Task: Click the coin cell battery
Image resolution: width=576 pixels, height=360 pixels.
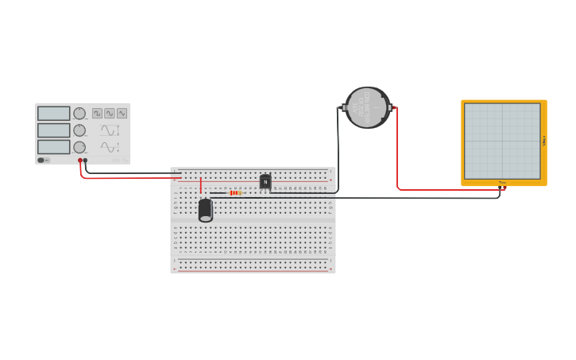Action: (x=367, y=107)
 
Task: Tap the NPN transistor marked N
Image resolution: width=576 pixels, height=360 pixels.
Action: (x=265, y=182)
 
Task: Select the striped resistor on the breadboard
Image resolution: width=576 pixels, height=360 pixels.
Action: (x=235, y=193)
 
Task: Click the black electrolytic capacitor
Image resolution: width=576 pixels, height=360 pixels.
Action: (x=205, y=210)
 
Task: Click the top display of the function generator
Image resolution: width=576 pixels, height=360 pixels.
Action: (x=54, y=114)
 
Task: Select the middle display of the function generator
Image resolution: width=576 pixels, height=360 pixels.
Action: (x=54, y=130)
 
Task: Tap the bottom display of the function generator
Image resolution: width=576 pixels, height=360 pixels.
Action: (x=54, y=147)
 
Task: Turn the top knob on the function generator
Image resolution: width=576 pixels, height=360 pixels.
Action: (x=79, y=114)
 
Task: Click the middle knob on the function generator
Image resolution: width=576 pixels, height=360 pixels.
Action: (x=79, y=130)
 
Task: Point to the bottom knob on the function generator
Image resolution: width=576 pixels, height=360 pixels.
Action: (x=79, y=147)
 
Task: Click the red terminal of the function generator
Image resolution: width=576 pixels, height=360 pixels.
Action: (x=80, y=161)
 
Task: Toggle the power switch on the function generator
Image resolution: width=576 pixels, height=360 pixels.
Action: (x=43, y=160)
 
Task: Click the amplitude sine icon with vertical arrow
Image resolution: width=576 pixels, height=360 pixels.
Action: (x=110, y=130)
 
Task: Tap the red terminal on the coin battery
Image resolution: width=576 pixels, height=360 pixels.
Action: (x=395, y=107)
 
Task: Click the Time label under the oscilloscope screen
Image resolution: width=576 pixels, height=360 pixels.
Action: (x=502, y=183)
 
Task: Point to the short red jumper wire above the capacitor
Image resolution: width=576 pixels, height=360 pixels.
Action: (x=201, y=186)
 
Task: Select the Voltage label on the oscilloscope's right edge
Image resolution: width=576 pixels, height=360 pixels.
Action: (x=544, y=141)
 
